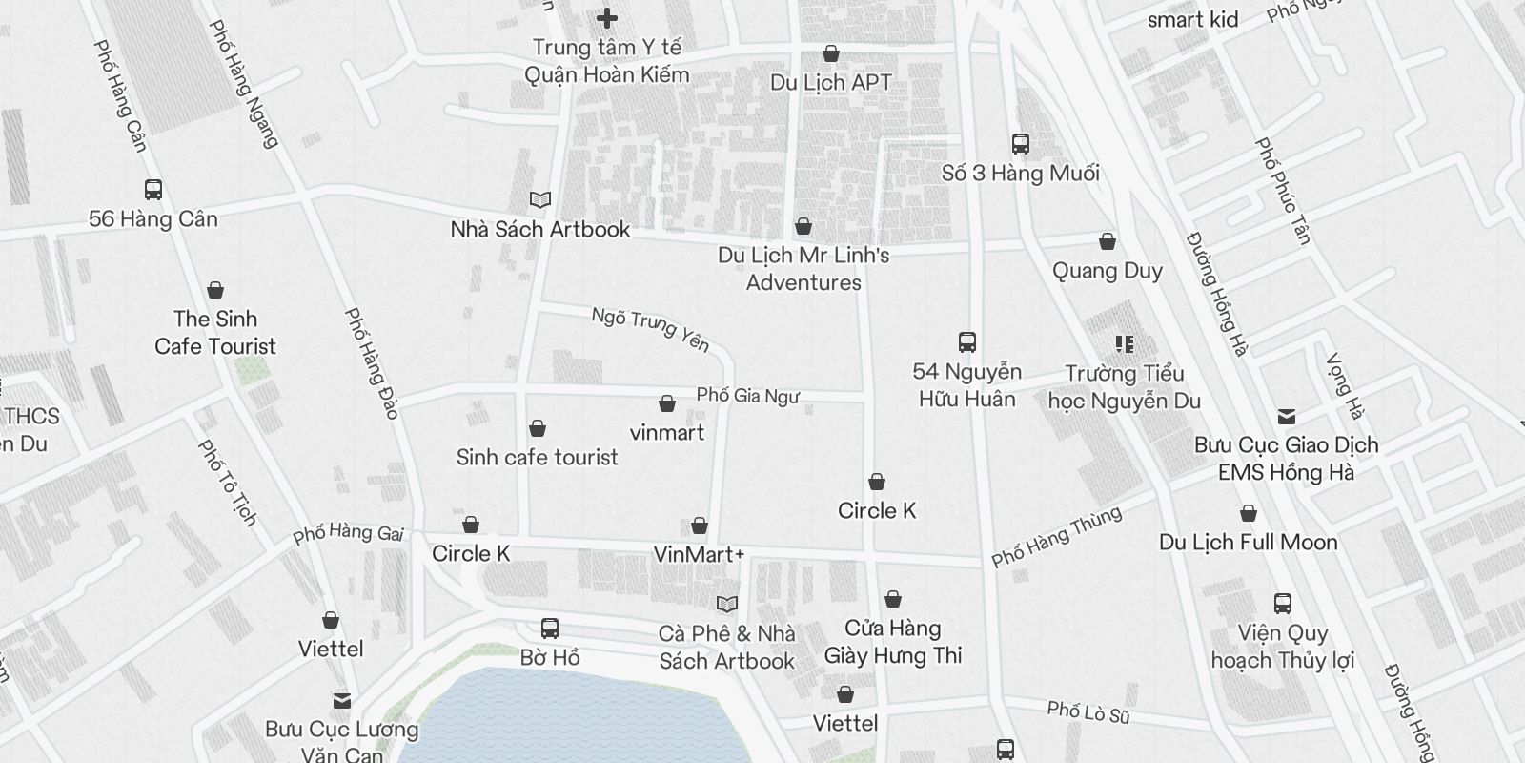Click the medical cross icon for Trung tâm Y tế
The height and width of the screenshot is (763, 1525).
[x=606, y=17]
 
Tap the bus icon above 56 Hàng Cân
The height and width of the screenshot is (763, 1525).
[x=152, y=189]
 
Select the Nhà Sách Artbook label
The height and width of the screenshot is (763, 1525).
[x=540, y=229]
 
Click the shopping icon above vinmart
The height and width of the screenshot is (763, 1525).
[x=667, y=403]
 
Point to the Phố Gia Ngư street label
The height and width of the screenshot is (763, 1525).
[x=748, y=395]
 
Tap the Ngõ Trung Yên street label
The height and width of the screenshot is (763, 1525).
[x=651, y=327]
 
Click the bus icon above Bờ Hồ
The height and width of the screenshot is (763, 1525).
[x=550, y=628]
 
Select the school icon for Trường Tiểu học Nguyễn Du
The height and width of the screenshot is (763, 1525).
[x=1125, y=343]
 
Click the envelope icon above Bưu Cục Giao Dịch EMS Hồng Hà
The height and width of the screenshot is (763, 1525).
[x=1287, y=416]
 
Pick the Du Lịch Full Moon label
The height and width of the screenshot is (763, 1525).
[x=1249, y=542]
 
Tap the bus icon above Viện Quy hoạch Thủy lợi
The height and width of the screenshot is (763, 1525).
[x=1283, y=603]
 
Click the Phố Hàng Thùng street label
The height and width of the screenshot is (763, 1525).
[x=1056, y=536]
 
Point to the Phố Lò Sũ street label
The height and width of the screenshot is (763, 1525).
[x=1088, y=711]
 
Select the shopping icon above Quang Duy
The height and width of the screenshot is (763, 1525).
[x=1108, y=241]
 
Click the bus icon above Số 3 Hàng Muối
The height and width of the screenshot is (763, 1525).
[x=1020, y=144]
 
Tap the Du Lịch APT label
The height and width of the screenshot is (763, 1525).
[x=831, y=82]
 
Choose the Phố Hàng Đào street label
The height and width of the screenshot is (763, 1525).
[x=372, y=363]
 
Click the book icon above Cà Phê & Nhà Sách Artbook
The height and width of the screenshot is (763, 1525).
[x=726, y=604]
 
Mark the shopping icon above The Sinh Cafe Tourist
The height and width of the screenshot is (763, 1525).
[x=215, y=290]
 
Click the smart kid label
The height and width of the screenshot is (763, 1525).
[x=1192, y=19]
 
